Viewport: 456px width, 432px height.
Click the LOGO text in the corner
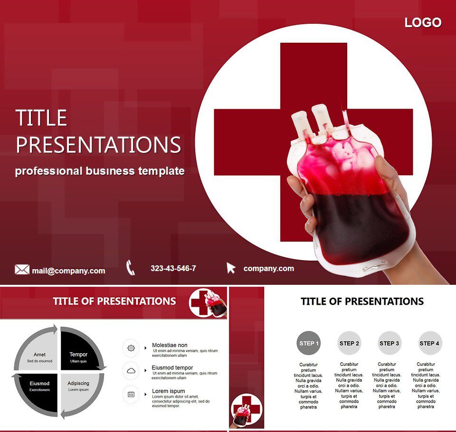pyautogui.click(x=423, y=22)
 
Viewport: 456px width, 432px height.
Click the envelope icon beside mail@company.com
pyautogui.click(x=22, y=270)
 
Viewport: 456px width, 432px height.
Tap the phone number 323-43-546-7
pyautogui.click(x=173, y=268)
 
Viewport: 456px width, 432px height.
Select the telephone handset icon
pyautogui.click(x=131, y=268)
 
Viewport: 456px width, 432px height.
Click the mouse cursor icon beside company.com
pyautogui.click(x=231, y=268)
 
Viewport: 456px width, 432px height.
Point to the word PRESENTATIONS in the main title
pyautogui.click(x=98, y=145)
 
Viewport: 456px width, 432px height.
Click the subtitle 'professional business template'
pyautogui.click(x=100, y=171)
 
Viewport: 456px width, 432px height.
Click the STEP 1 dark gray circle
pyautogui.click(x=309, y=343)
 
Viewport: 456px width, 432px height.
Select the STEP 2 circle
pyautogui.click(x=349, y=343)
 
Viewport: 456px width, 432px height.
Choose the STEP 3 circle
pyautogui.click(x=389, y=343)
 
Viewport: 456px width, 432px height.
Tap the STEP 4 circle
pyautogui.click(x=430, y=343)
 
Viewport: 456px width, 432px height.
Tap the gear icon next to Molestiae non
pyautogui.click(x=131, y=348)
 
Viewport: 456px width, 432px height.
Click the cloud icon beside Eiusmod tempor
pyautogui.click(x=131, y=371)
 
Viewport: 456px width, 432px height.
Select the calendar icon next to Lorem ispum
pyautogui.click(x=131, y=394)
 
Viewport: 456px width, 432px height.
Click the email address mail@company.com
pyautogui.click(x=68, y=271)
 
